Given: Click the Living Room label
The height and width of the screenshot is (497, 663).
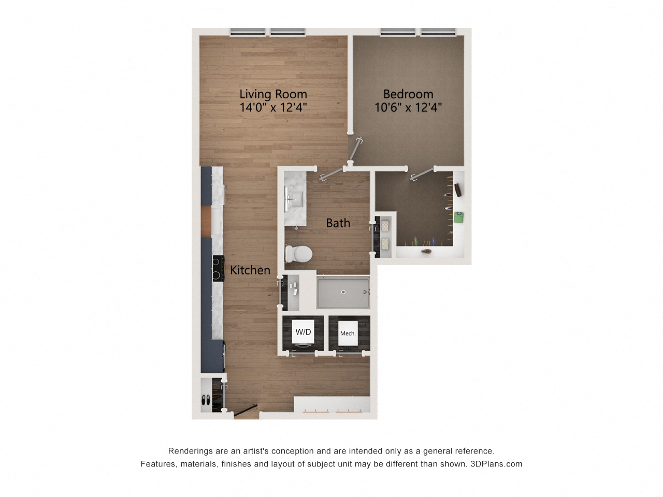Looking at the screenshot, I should tap(273, 94).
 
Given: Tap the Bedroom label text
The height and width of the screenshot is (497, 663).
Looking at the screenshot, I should tap(408, 94).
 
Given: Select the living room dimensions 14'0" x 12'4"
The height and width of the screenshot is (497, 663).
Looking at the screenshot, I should tap(273, 108).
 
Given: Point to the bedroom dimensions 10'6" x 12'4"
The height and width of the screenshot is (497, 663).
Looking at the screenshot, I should tap(408, 108).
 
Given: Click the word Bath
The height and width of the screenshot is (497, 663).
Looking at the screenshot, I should tap(338, 223).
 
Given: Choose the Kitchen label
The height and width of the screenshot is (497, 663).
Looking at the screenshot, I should tap(250, 270).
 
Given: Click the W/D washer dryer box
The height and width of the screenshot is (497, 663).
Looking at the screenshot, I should tap(303, 332).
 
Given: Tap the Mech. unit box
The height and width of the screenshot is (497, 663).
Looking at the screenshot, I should tap(348, 333).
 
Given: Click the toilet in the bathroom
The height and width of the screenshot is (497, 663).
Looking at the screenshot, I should tap(298, 254).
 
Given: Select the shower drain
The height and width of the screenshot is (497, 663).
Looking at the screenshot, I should tap(343, 291).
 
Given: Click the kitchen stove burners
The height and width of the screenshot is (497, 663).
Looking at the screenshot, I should tap(217, 268).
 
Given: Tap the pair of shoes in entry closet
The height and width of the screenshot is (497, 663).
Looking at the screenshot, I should tap(206, 400).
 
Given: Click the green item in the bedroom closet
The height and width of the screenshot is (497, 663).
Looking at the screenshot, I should tap(458, 217).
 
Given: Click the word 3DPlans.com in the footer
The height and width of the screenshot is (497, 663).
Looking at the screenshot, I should tap(496, 464).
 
